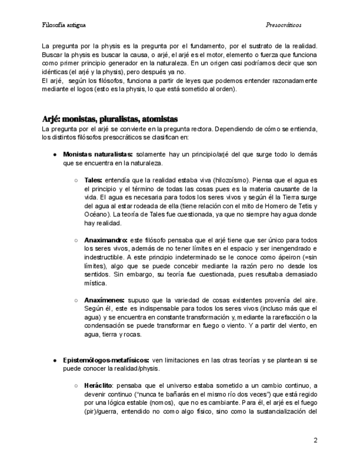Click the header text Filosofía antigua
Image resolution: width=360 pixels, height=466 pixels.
click(x=63, y=25)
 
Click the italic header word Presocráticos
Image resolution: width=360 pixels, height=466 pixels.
click(x=283, y=25)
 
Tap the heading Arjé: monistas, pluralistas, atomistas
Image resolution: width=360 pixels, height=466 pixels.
click(x=110, y=119)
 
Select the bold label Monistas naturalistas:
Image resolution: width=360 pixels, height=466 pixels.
click(x=98, y=155)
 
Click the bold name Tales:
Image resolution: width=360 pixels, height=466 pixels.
click(x=93, y=180)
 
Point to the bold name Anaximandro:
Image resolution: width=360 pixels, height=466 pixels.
click(x=106, y=240)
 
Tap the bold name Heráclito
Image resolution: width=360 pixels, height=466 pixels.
click(x=99, y=385)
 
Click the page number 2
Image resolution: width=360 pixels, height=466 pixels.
click(x=315, y=440)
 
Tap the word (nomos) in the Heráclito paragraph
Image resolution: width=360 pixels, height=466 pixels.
click(x=163, y=403)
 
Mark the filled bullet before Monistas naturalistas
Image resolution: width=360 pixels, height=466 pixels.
click(x=56, y=155)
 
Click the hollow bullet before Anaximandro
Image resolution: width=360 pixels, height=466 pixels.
click(x=76, y=240)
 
